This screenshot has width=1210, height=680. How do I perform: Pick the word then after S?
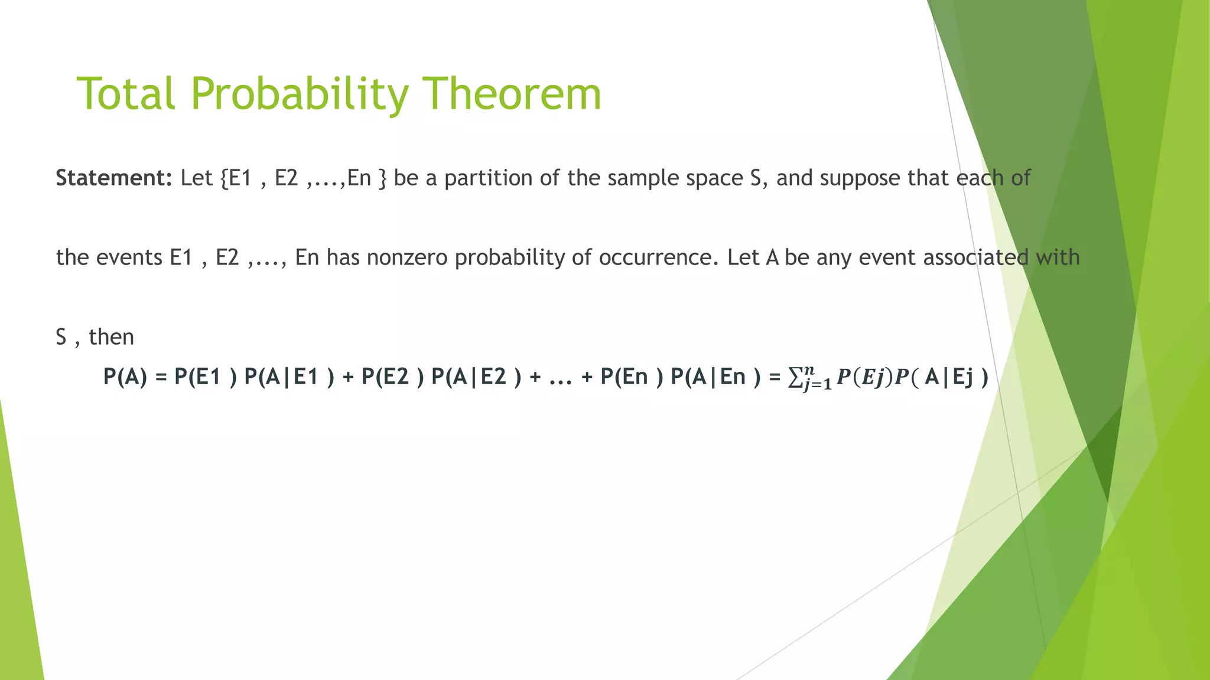pyautogui.click(x=112, y=337)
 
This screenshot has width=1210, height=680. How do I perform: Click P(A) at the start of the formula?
pyautogui.click(x=125, y=377)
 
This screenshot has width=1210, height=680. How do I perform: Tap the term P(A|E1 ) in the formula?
pyautogui.click(x=289, y=377)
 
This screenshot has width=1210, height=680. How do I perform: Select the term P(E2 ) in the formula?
pyautogui.click(x=392, y=377)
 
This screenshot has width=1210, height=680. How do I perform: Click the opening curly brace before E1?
pyautogui.click(x=224, y=178)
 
